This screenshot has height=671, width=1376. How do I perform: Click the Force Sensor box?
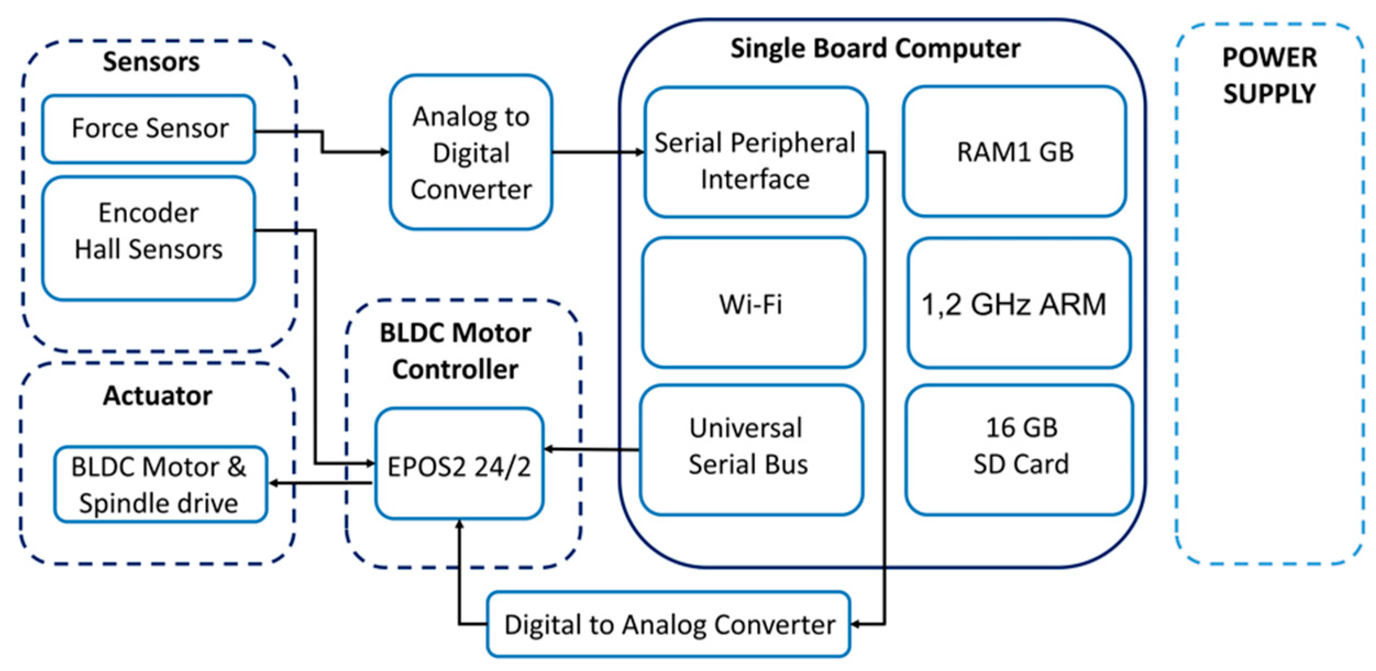point(148,129)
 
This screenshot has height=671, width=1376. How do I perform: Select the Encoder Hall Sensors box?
point(148,237)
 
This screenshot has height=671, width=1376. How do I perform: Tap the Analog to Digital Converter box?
point(471,152)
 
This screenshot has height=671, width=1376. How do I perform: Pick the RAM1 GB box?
point(1015,152)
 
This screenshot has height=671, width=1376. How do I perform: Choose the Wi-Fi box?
point(753,303)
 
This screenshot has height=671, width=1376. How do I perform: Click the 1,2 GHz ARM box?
point(1019,303)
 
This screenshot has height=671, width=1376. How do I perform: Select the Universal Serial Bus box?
point(751,450)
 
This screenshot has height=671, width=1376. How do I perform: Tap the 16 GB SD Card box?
point(1020,450)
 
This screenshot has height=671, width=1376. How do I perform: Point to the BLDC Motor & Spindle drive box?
point(160,484)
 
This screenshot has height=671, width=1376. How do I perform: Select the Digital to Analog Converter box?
point(668,624)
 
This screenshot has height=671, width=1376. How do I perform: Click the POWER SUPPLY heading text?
point(1269,75)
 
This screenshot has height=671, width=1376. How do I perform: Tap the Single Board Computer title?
point(875,48)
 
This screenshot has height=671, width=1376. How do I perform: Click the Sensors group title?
point(151,62)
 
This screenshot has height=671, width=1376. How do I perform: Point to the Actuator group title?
point(157,396)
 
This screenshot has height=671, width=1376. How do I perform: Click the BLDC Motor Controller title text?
point(455,351)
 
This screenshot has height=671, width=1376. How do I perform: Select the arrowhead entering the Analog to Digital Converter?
point(385,152)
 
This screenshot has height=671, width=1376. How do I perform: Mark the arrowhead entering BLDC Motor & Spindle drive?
point(273,483)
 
